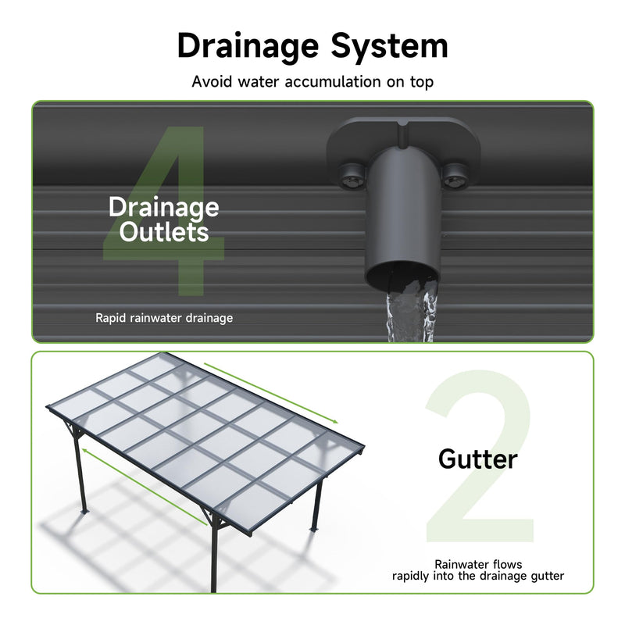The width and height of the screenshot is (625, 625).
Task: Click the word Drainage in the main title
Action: click(248, 47)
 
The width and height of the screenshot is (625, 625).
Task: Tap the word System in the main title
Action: click(389, 47)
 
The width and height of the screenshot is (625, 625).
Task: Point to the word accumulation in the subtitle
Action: click(333, 82)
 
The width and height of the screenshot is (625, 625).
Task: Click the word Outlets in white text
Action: click(164, 232)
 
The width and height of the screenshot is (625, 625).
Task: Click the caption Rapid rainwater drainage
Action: click(164, 318)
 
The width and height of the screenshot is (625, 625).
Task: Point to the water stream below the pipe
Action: click(411, 317)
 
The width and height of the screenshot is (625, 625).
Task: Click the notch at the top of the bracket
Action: click(402, 134)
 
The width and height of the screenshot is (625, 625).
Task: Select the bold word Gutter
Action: click(477, 459)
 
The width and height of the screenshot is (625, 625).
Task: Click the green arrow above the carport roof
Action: click(271, 393)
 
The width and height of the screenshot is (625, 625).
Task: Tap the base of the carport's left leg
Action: click(84, 511)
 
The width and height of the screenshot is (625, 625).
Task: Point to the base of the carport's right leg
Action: click(315, 529)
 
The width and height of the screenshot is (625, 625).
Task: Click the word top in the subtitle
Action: click(422, 82)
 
